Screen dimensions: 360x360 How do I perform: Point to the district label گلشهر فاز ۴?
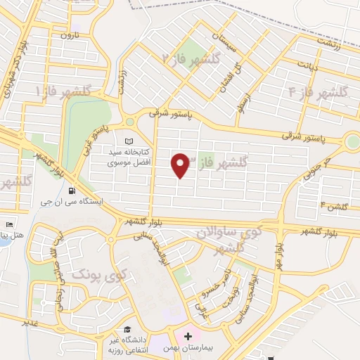[319, 91]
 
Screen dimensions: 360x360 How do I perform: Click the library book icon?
[128, 141]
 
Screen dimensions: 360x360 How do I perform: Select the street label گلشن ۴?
[334, 205]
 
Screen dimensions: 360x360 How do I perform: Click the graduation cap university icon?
[127, 330]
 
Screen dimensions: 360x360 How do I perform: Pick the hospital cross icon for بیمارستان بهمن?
[188, 337]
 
